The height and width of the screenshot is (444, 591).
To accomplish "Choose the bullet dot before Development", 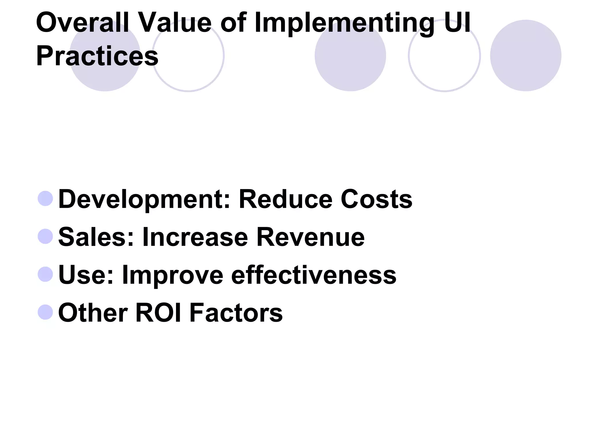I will (x=45, y=199).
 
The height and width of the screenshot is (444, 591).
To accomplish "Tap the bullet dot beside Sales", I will (x=45, y=236).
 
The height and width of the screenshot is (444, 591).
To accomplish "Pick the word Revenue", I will (x=311, y=237).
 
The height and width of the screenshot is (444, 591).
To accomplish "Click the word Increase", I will (x=195, y=237).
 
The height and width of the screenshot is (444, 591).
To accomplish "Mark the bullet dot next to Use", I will (x=45, y=274).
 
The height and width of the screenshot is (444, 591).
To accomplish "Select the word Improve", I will (x=173, y=275).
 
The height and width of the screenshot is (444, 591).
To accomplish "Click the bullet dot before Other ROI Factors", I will (x=45, y=312).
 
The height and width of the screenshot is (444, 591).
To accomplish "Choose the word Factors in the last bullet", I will (x=236, y=312).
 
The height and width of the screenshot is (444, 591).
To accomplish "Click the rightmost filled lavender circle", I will (x=525, y=55).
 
